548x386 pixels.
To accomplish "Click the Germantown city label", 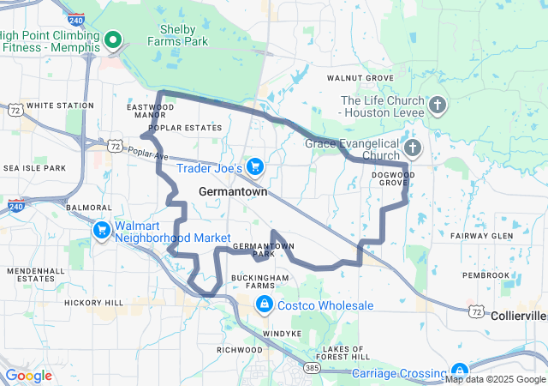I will (x=232, y=193).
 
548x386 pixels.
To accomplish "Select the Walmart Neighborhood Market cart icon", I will (x=102, y=230).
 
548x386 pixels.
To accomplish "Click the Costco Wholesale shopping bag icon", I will (x=264, y=305).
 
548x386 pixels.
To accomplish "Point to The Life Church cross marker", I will (x=437, y=106).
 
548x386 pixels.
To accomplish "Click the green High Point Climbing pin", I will (x=112, y=40).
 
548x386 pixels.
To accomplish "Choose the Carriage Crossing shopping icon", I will (x=460, y=371).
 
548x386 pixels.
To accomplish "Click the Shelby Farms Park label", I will (x=177, y=34).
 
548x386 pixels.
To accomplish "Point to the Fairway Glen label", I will (x=481, y=235).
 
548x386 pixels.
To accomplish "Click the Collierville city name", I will (x=519, y=316).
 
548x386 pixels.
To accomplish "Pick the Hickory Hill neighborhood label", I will (x=93, y=303).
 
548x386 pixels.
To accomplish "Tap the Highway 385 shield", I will (x=312, y=367).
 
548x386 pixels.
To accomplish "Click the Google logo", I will (x=27, y=376).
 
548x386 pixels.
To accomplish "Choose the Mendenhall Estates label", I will (x=35, y=274).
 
